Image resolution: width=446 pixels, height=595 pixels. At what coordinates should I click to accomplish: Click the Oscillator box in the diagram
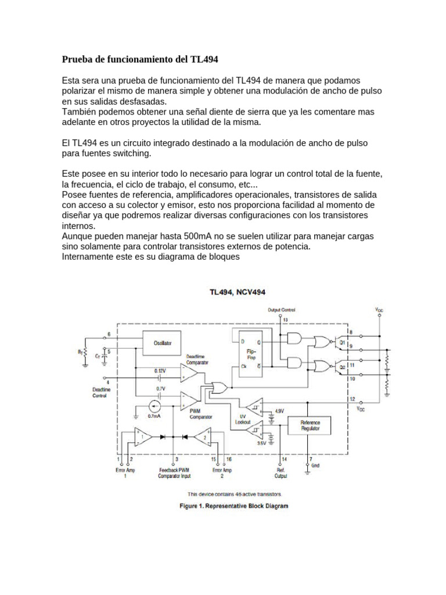(x=163, y=343)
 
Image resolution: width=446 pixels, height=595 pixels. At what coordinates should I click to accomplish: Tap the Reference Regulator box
(x=310, y=426)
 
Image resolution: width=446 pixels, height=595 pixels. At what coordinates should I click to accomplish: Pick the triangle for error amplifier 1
(x=142, y=436)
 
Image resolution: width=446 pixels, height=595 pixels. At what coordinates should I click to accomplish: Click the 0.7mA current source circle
(x=154, y=406)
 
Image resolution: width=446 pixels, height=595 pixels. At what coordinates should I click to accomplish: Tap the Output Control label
(x=282, y=310)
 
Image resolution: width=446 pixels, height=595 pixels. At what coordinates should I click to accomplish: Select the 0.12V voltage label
(x=160, y=370)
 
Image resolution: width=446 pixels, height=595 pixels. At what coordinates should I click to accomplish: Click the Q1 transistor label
(x=342, y=343)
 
